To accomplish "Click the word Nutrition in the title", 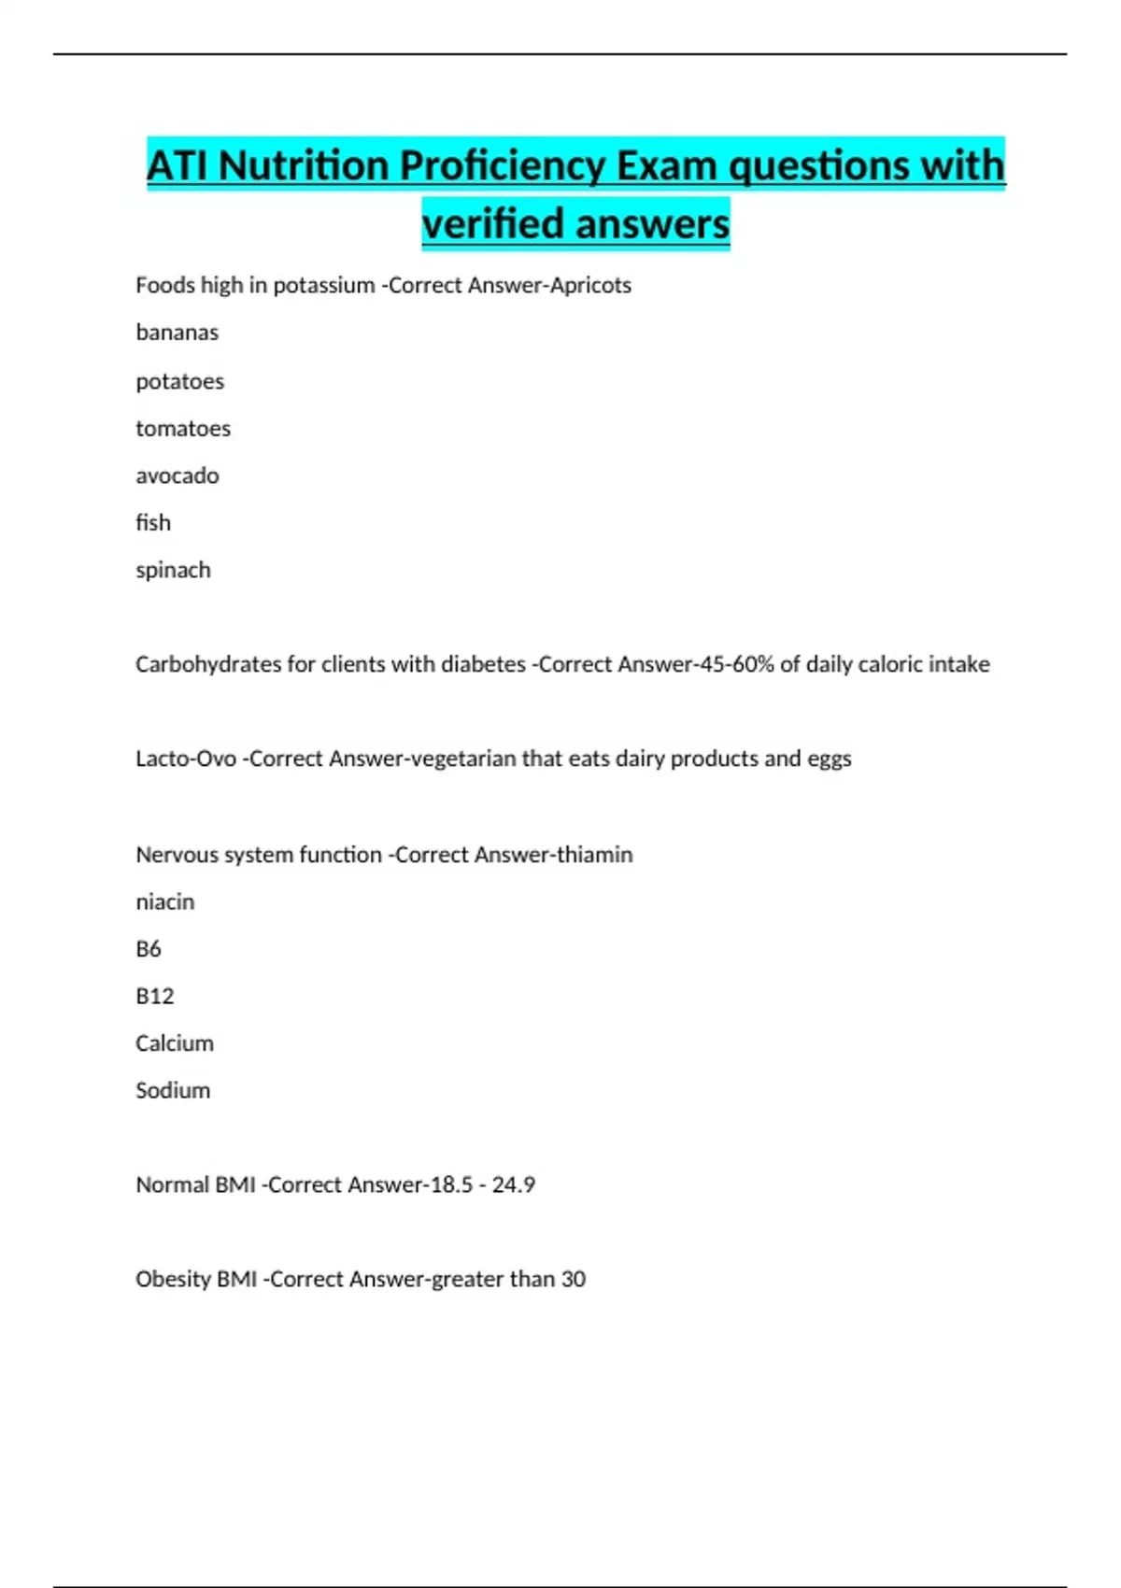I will pyautogui.click(x=303, y=166).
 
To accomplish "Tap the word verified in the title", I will pyautogui.click(x=490, y=224).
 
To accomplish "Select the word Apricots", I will pyautogui.click(x=590, y=285).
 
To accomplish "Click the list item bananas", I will pyautogui.click(x=177, y=333).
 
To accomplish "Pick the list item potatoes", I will pyautogui.click(x=179, y=381).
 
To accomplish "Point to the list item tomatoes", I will pyautogui.click(x=182, y=429).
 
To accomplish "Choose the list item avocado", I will pyautogui.click(x=177, y=475).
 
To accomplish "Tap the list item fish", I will pyautogui.click(x=153, y=522).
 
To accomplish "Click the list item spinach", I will pyautogui.click(x=173, y=570).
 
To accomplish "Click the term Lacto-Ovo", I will pyautogui.click(x=186, y=759).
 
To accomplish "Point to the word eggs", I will pyautogui.click(x=830, y=759).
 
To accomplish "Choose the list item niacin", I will pyautogui.click(x=164, y=902).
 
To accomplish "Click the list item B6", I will pyautogui.click(x=149, y=949).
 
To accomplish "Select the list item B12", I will pyautogui.click(x=154, y=997).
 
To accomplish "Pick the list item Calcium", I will pyautogui.click(x=174, y=1043).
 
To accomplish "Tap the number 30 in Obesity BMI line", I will pyautogui.click(x=574, y=1279).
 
